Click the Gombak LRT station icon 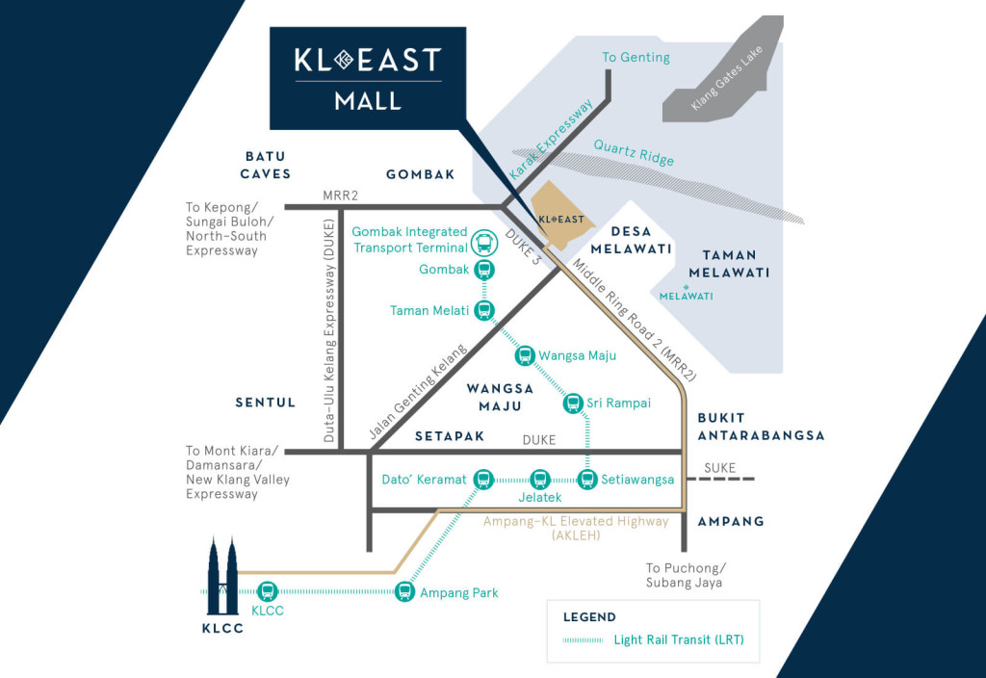tap(484, 270)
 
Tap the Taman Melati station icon tap(484, 310)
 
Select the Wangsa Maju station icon tap(525, 356)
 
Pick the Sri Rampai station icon tap(573, 403)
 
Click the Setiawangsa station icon tap(587, 479)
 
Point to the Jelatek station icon tap(539, 479)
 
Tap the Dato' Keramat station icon tap(484, 479)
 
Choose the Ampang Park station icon tap(405, 592)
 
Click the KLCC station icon tap(268, 592)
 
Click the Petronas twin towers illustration tap(221, 578)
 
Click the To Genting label tap(636, 58)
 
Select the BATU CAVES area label tap(266, 165)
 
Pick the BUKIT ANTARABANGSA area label tap(761, 427)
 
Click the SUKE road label tap(719, 468)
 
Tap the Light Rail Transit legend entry tap(679, 639)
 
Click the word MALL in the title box tap(368, 101)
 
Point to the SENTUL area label tap(266, 402)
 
